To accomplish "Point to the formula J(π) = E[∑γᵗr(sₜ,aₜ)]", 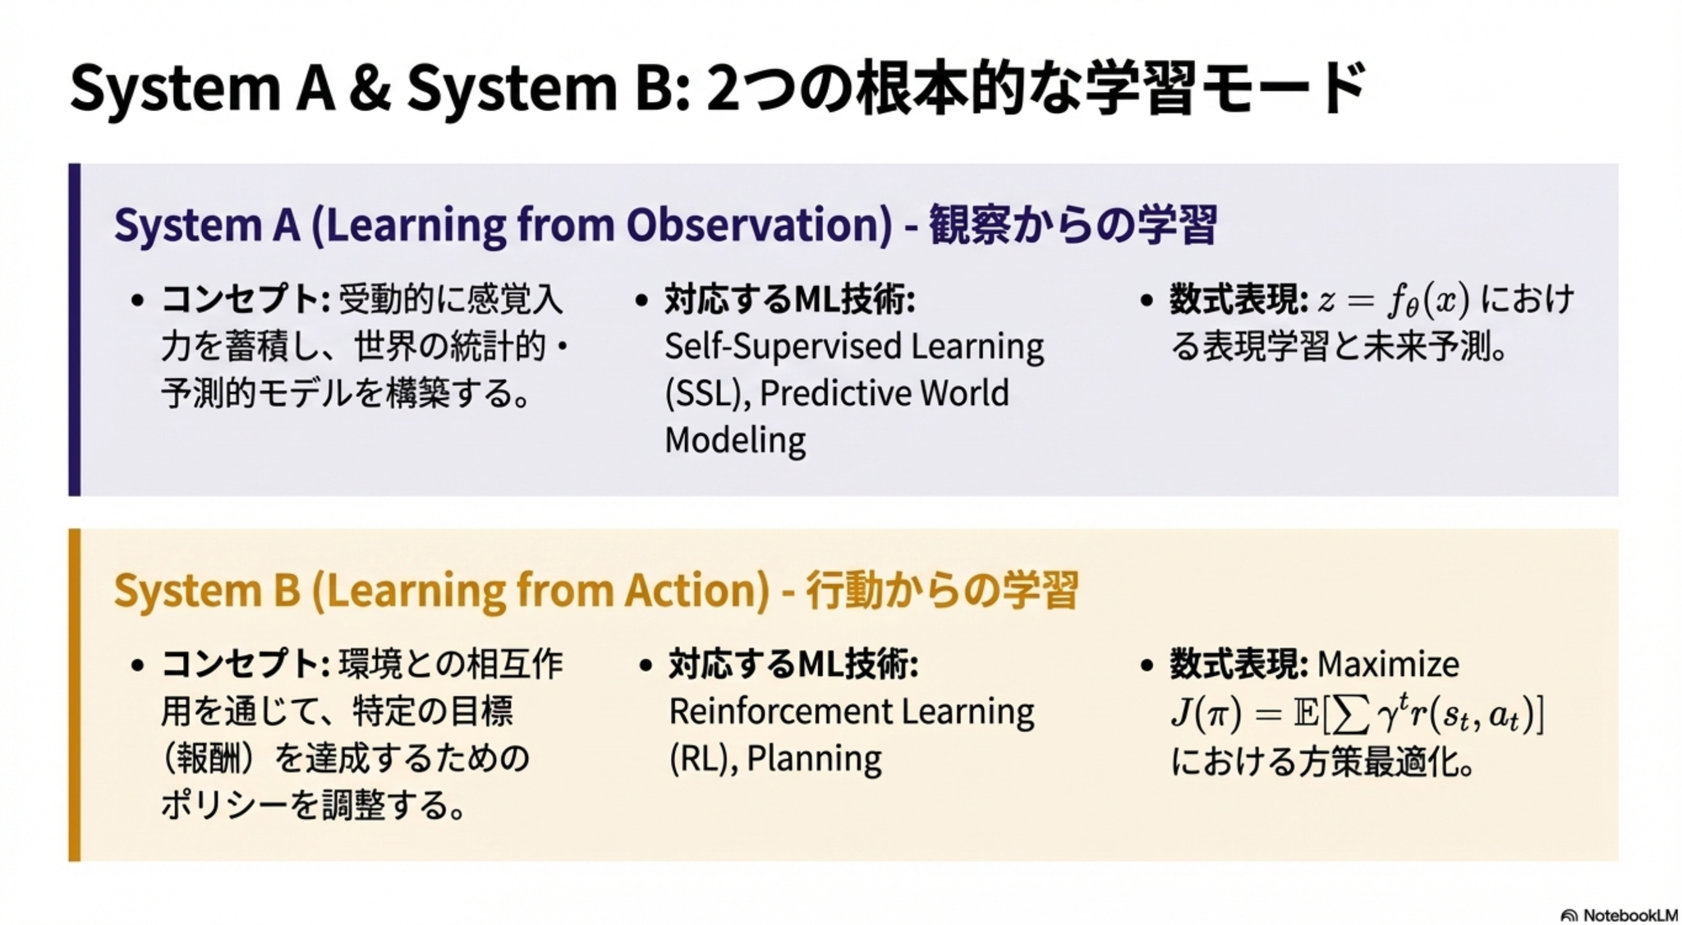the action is (1358, 713).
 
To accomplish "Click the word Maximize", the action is (1388, 664).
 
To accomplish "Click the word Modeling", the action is (735, 440).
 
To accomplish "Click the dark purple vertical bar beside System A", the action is (75, 329).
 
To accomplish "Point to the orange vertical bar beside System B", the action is (75, 695).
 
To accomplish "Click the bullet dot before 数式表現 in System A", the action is (1147, 301).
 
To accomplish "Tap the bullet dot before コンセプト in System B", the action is (138, 665).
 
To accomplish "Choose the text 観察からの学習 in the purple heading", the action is (1073, 225).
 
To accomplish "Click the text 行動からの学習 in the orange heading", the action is (942, 590).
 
